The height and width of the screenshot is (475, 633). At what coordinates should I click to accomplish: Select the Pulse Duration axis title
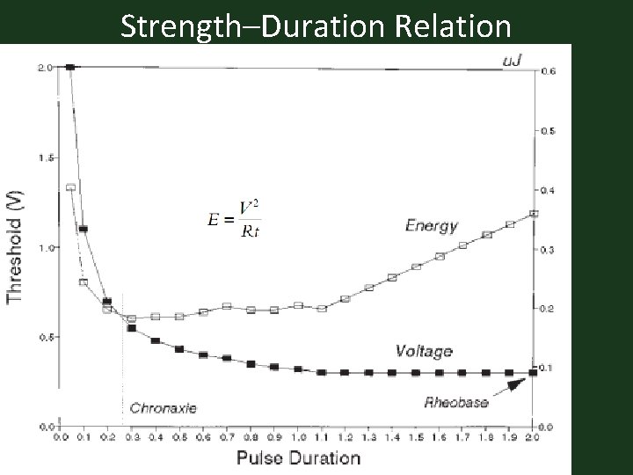298,457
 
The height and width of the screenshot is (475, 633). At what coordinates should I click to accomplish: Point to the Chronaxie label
163,407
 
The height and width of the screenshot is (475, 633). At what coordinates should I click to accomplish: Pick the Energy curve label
431,226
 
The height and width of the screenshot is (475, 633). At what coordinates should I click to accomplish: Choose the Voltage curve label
423,351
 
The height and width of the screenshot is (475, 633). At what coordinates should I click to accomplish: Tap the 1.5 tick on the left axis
45,157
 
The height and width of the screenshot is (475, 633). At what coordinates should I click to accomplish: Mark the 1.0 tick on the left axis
45,248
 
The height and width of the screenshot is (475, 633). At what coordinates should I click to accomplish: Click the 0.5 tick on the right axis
548,131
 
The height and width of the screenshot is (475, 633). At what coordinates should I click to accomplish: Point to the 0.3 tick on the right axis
548,251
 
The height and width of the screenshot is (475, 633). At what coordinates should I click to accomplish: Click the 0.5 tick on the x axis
179,436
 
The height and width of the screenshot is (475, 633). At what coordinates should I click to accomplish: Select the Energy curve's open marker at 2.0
534,214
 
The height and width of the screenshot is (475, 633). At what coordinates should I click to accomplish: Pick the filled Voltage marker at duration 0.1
84,229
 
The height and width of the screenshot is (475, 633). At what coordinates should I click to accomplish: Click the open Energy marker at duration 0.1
84,282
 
